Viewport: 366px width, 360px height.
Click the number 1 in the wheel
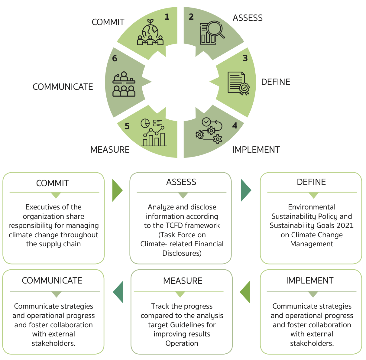coord(167,17)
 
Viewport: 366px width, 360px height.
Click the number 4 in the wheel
coord(235,125)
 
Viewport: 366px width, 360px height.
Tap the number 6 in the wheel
coord(115,58)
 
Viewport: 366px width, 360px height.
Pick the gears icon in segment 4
coord(209,131)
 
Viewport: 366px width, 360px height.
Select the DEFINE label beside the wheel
coord(276,82)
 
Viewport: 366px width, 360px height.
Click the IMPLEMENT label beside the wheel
coord(256,150)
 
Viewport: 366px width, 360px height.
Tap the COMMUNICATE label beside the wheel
coord(63,87)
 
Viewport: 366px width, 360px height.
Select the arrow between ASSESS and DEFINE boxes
coord(246,190)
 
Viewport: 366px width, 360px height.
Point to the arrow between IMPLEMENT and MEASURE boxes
coord(245,292)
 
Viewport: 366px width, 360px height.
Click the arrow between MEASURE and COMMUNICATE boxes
coord(118,292)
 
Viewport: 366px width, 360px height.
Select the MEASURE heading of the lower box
coord(183,281)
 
